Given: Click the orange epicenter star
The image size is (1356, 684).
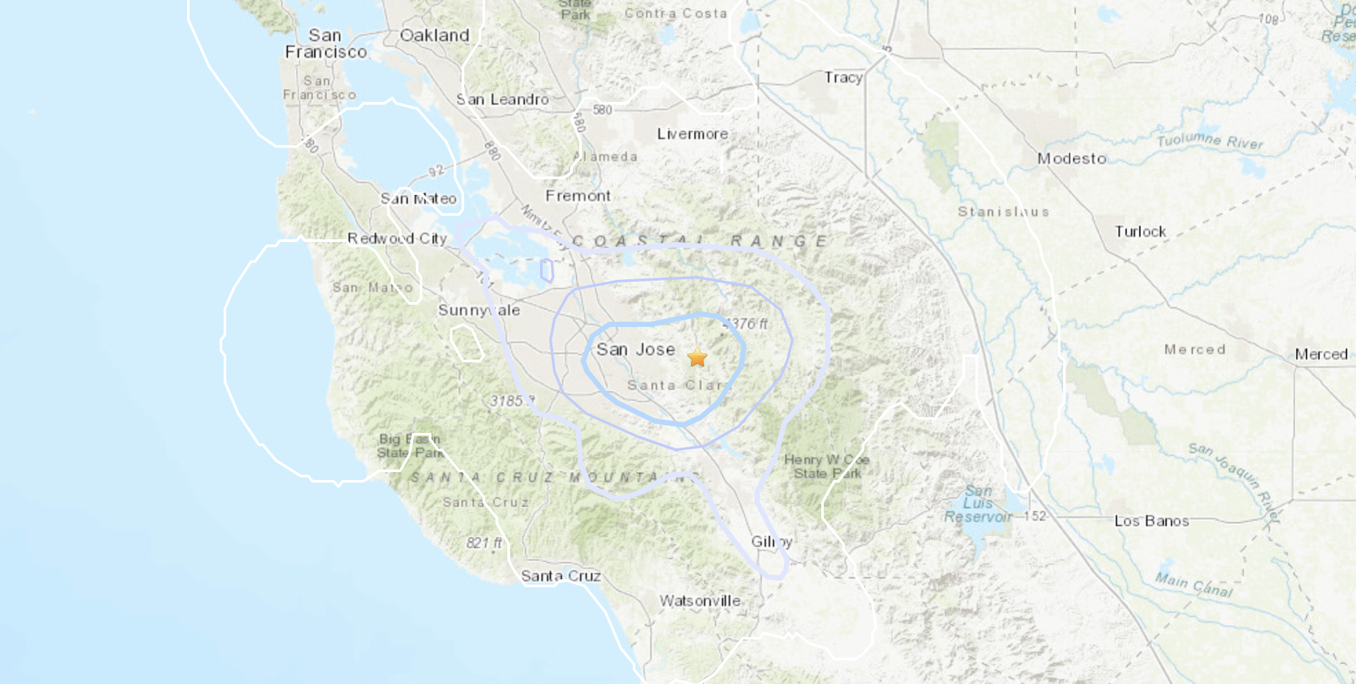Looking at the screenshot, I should [x=698, y=358].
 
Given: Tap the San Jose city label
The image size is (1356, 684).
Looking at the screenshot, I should [x=636, y=350].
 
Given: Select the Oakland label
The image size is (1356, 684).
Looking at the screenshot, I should [x=434, y=35].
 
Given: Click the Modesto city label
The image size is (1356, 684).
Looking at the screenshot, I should [x=1072, y=159].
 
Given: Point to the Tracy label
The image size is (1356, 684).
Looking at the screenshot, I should [x=843, y=78].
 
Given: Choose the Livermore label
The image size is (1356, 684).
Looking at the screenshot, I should [x=692, y=134].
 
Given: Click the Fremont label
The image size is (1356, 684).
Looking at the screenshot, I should [x=578, y=196].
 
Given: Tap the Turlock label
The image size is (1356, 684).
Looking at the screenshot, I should [x=1140, y=231].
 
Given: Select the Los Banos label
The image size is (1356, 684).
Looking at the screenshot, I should [x=1151, y=521].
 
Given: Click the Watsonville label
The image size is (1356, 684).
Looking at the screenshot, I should [x=700, y=600].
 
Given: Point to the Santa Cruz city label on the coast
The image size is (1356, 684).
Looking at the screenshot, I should [x=561, y=576].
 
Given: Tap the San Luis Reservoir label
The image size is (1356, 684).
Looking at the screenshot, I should [x=978, y=504].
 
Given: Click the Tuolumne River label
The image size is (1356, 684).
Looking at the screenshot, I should [x=1210, y=141].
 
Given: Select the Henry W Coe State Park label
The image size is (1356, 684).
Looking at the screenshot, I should [x=827, y=466].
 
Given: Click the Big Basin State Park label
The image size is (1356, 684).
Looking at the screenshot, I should [x=410, y=446].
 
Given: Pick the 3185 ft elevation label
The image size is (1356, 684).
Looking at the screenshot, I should [x=510, y=401].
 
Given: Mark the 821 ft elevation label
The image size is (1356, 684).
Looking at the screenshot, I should [x=484, y=543].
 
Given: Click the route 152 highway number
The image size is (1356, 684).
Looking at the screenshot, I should [x=1035, y=516].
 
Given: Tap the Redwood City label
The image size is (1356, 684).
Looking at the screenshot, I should [x=397, y=239].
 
